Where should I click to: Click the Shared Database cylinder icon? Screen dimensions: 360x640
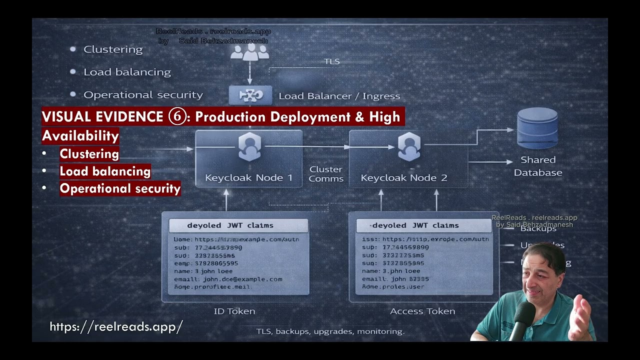pyautogui.click(x=537, y=128)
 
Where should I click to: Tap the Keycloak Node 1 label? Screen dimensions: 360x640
pyautogui.click(x=248, y=177)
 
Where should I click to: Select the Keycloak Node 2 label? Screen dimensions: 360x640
pyautogui.click(x=403, y=177)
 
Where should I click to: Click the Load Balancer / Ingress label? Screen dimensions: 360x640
pyautogui.click(x=339, y=96)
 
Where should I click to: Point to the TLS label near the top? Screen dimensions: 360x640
pyautogui.click(x=331, y=61)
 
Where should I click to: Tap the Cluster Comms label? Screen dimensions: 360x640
pyautogui.click(x=326, y=174)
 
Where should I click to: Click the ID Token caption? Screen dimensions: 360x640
pyautogui.click(x=234, y=311)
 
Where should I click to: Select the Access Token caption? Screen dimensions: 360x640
pyautogui.click(x=422, y=311)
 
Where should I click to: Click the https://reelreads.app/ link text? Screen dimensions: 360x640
pyautogui.click(x=116, y=326)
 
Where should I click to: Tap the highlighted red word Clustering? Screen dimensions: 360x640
pyautogui.click(x=89, y=154)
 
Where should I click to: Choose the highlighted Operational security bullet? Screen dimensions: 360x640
pyautogui.click(x=120, y=188)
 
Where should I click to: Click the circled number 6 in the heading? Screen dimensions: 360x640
pyautogui.click(x=176, y=117)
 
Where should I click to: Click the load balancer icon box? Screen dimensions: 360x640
pyautogui.click(x=250, y=95)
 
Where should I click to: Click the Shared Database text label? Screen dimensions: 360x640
pyautogui.click(x=537, y=166)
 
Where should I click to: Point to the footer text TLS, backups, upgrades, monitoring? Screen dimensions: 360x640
pyautogui.click(x=330, y=331)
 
